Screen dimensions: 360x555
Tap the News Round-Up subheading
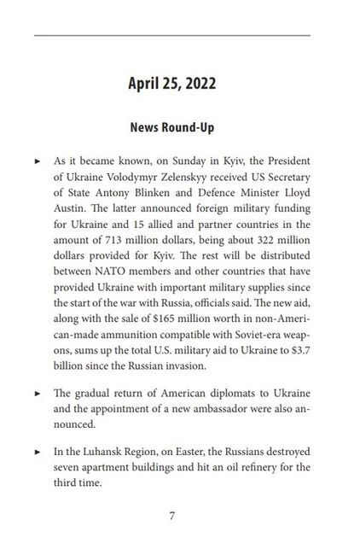(171, 127)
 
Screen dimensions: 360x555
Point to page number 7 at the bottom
(172, 517)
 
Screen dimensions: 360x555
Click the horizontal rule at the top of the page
(171, 37)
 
